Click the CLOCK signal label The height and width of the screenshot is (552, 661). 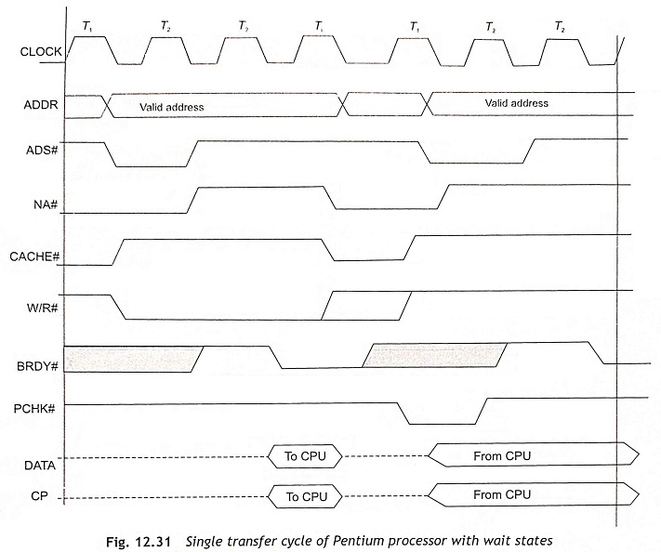(x=41, y=52)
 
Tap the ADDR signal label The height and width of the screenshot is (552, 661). (x=41, y=104)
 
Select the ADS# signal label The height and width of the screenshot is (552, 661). (x=42, y=150)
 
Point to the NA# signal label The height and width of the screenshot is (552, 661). (x=46, y=204)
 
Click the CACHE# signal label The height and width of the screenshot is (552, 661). (x=34, y=256)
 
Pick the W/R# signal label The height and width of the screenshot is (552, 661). (x=42, y=308)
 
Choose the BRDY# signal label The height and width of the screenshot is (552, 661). (x=37, y=366)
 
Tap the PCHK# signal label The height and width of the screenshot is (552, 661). (x=34, y=409)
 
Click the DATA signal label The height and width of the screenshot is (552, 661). (x=40, y=466)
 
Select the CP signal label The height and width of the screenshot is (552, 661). (x=39, y=496)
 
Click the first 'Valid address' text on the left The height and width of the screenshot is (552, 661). (x=172, y=107)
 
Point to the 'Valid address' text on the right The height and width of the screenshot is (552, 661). (x=516, y=103)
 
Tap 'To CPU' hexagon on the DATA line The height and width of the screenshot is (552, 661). (x=305, y=456)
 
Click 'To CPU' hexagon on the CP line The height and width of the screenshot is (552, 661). (x=305, y=497)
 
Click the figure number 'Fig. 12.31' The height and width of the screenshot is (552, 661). (x=139, y=541)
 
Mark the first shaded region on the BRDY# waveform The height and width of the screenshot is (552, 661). (x=133, y=360)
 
